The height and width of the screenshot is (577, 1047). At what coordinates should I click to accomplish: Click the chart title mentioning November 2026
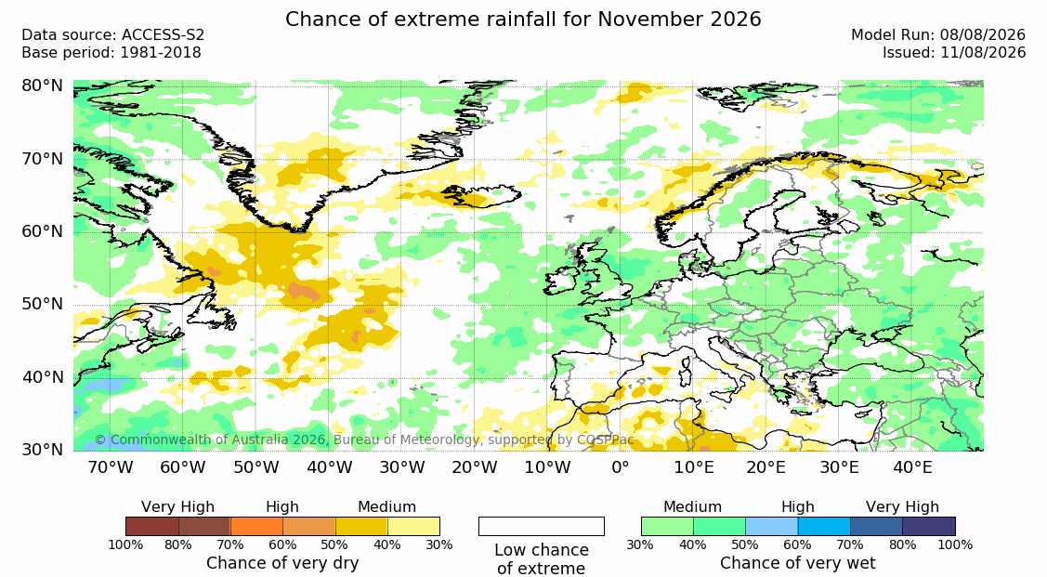[x=523, y=19]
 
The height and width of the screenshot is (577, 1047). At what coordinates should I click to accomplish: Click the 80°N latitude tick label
[x=42, y=86]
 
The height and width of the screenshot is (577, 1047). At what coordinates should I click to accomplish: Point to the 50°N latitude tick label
[x=42, y=305]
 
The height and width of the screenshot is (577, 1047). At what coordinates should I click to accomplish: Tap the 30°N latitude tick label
[x=42, y=450]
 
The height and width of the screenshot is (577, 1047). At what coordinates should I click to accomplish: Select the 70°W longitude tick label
[x=111, y=466]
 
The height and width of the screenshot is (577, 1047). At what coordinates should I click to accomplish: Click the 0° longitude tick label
[x=621, y=466]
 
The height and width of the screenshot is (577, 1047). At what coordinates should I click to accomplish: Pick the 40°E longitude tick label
[x=913, y=466]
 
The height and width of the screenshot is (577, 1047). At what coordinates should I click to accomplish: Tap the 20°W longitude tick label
[x=475, y=466]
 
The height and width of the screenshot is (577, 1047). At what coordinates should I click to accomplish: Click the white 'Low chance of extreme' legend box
[x=542, y=526]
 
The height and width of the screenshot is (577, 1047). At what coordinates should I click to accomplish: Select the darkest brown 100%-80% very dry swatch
[x=151, y=526]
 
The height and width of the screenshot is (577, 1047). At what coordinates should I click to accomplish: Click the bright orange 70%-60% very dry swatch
[x=256, y=526]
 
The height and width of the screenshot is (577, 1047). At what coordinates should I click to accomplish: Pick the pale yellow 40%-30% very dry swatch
[x=413, y=526]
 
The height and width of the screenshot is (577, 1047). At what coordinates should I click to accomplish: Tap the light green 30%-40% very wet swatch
[x=667, y=526]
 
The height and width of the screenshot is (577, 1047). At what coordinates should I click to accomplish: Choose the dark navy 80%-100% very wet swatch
[x=929, y=526]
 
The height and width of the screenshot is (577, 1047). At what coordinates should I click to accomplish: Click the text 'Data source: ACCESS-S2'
[x=112, y=35]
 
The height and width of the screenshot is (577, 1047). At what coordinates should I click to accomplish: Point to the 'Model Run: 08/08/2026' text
[x=938, y=35]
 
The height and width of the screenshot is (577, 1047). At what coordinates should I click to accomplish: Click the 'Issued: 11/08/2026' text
[x=954, y=53]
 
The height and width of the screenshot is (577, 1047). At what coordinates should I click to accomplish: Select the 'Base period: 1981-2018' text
[x=111, y=53]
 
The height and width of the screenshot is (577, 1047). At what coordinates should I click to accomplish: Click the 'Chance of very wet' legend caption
[x=798, y=563]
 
